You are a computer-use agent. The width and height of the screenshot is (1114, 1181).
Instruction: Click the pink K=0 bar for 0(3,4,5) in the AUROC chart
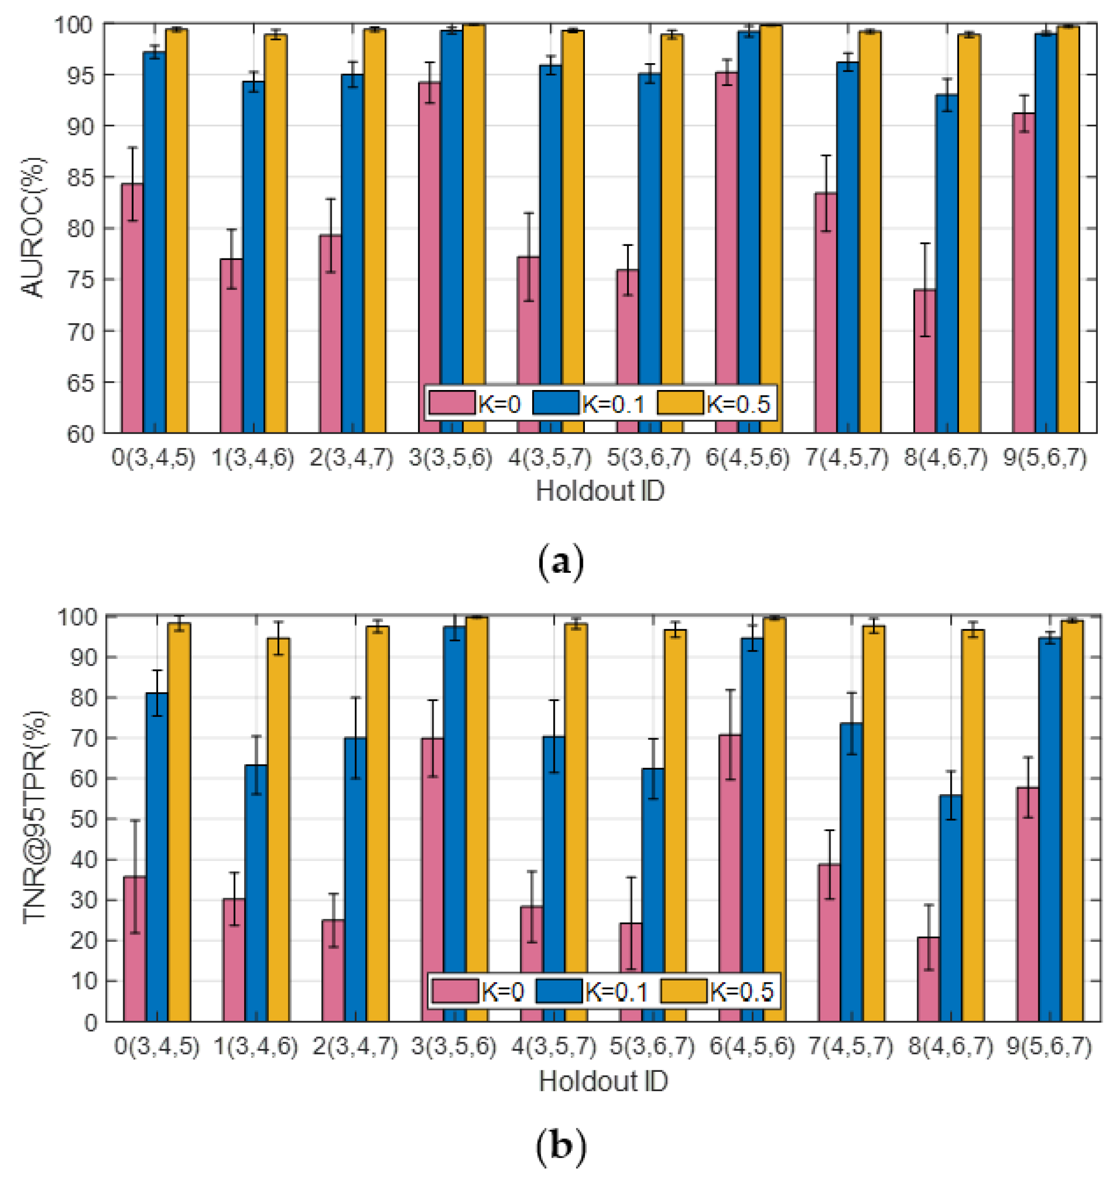click(132, 309)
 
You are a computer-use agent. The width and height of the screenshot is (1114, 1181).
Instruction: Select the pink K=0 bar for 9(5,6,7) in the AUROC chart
click(1024, 273)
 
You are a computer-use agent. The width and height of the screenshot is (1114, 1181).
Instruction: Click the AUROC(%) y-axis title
click(33, 228)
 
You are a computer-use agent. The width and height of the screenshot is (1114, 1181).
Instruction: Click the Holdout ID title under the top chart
click(600, 491)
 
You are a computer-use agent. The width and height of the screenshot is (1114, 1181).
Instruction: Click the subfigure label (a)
click(560, 561)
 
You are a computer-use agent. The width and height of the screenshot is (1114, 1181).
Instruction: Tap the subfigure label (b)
click(560, 1147)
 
